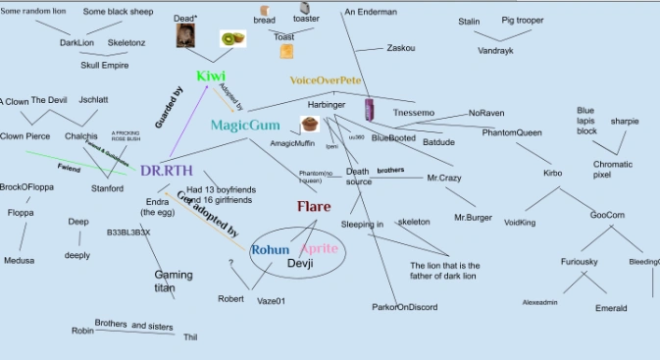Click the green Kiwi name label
pos(212,77)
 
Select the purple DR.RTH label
pos(162,171)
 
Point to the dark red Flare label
pos(314,207)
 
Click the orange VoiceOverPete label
pos(326,79)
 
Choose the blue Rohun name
pos(270,250)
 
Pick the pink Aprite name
pos(319,250)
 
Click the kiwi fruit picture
pos(232,39)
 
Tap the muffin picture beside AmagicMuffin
pos(310,125)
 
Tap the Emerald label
pos(611,308)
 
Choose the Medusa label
pos(19,261)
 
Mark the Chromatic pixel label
pos(613,169)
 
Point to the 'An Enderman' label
pos(371,12)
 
